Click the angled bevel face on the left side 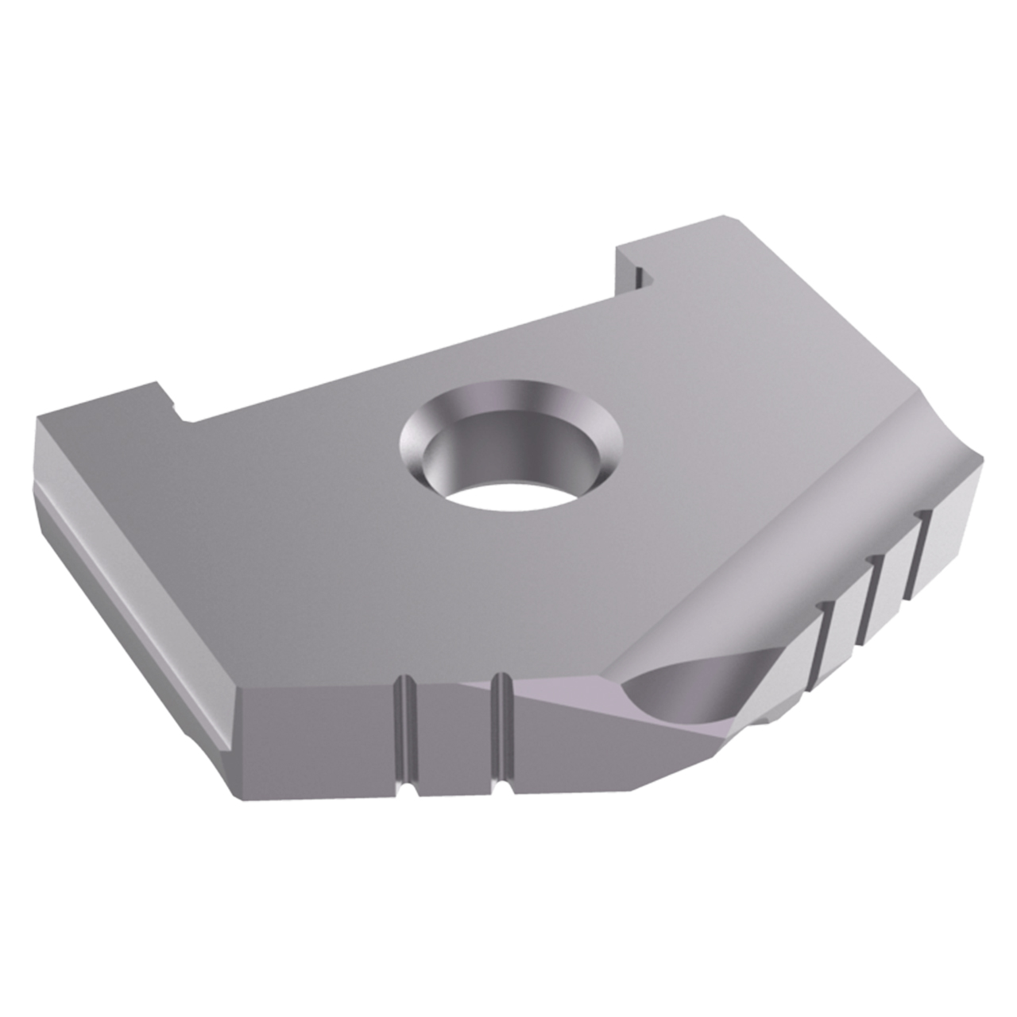[127, 588]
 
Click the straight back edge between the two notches [397, 358]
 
